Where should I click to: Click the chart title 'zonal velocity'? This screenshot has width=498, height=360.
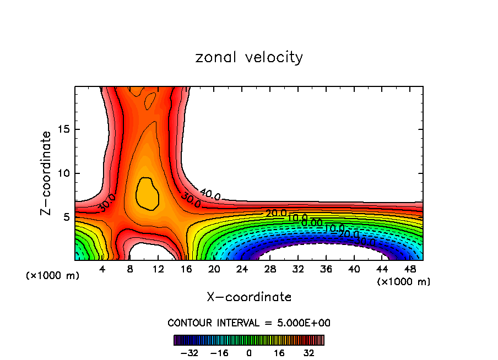pyautogui.click(x=249, y=57)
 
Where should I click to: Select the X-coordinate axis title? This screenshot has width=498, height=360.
pyautogui.click(x=249, y=297)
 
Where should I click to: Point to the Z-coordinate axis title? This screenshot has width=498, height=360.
pyautogui.click(x=46, y=173)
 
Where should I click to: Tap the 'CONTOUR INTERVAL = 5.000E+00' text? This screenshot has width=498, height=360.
pyautogui.click(x=249, y=323)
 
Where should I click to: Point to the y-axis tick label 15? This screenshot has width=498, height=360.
pyautogui.click(x=64, y=130)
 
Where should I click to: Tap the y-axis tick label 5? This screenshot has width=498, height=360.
pyautogui.click(x=67, y=217)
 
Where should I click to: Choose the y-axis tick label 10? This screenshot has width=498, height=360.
pyautogui.click(x=64, y=173)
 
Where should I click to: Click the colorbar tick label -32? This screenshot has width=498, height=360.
pyautogui.click(x=190, y=352)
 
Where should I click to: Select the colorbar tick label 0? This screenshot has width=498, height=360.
pyautogui.click(x=249, y=352)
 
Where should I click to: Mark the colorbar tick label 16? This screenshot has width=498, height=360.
pyautogui.click(x=279, y=352)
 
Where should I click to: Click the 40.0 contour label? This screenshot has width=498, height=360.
pyautogui.click(x=210, y=194)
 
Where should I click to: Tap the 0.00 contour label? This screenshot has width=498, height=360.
pyautogui.click(x=312, y=222)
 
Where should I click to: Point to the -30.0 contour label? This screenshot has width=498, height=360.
pyautogui.click(x=364, y=241)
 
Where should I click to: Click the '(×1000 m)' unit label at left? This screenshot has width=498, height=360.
pyautogui.click(x=53, y=276)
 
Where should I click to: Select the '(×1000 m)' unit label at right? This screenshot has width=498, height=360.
pyautogui.click(x=404, y=282)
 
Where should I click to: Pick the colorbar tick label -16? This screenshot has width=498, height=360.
pyautogui.click(x=219, y=352)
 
